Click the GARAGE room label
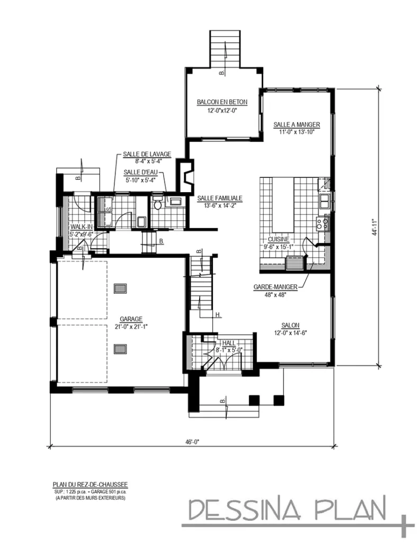point(130,319)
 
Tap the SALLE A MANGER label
point(297,125)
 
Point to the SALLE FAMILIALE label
point(219,198)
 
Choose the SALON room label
point(291,325)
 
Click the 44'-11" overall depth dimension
point(374,227)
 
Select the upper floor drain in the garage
point(121,289)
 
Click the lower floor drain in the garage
point(121,348)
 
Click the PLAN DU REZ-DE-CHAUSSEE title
point(90,484)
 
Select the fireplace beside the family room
point(185,175)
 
